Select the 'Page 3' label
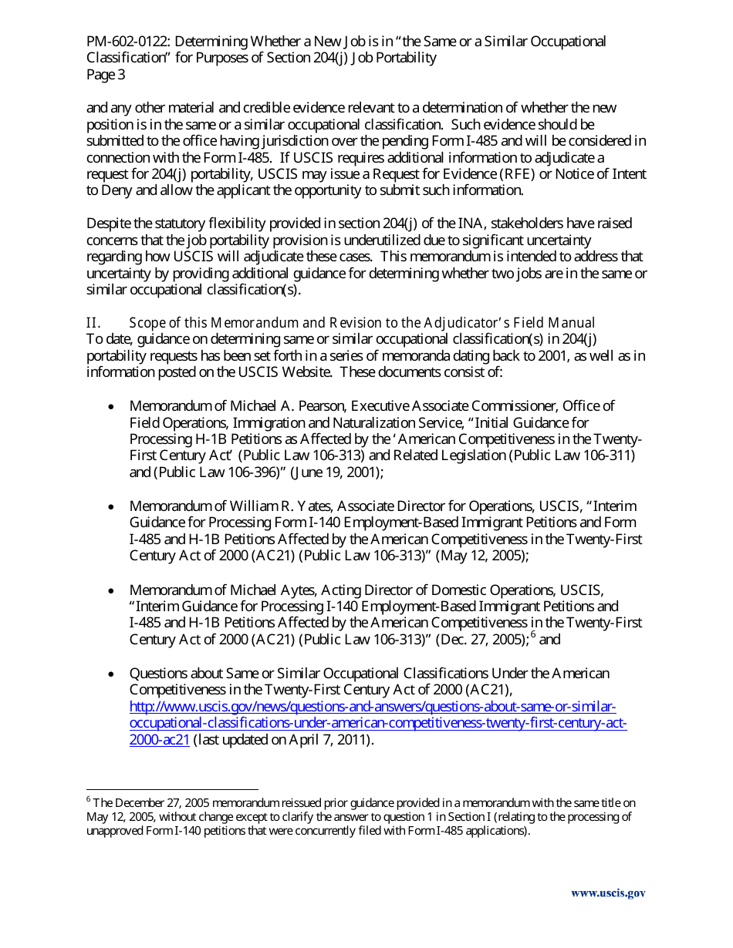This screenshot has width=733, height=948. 106,75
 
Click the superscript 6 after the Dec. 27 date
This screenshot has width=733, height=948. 533,636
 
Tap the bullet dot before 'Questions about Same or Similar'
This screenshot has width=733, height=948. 113,674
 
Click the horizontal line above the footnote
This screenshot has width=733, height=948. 171,789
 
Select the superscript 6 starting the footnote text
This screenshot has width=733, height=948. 89,799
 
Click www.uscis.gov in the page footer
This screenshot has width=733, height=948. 607,893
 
